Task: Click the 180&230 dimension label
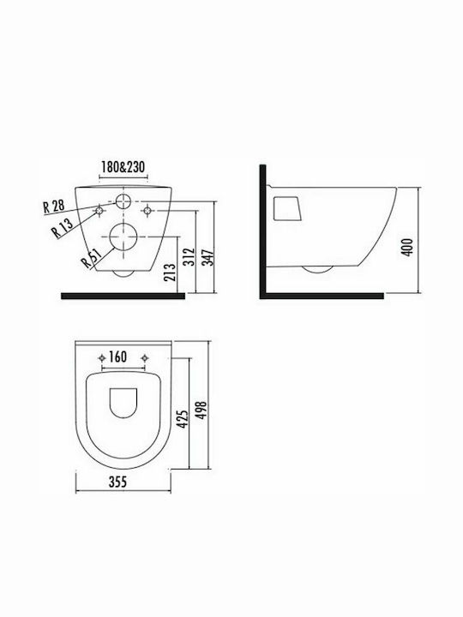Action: tap(123, 167)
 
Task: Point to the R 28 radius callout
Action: tap(53, 206)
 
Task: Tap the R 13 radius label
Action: tap(63, 228)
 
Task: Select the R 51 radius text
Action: tap(91, 258)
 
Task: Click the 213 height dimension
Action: tap(171, 273)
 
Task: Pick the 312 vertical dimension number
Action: tap(189, 256)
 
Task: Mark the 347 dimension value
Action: tap(207, 257)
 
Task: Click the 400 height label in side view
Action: tap(407, 247)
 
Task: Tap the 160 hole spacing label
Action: tap(117, 356)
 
